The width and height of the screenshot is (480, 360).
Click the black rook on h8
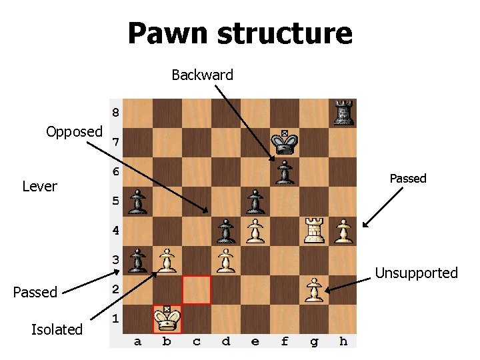tap(343, 113)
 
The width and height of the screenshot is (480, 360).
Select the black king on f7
tap(285, 142)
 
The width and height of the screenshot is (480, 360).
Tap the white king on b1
tap(167, 319)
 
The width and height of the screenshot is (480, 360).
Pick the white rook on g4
tap(313, 231)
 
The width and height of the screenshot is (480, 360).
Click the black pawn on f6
tap(285, 172)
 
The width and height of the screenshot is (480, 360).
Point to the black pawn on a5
tap(138, 202)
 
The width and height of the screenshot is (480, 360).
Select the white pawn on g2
tap(313, 291)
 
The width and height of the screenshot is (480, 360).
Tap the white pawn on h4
tap(343, 231)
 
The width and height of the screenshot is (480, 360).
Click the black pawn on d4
tap(226, 231)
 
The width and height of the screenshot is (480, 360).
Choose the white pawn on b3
tap(167, 261)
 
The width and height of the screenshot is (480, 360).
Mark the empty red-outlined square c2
tap(197, 290)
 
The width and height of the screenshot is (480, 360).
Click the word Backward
tap(202, 75)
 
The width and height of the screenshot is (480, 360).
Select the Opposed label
tap(74, 131)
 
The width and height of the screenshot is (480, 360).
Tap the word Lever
tap(39, 186)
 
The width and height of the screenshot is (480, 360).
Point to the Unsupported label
tap(416, 273)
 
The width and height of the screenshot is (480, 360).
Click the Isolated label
tap(57, 329)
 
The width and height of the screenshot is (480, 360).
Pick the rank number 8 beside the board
tap(115, 112)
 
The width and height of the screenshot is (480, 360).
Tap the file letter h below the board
tap(343, 342)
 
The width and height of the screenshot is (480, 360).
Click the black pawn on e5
tap(255, 202)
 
